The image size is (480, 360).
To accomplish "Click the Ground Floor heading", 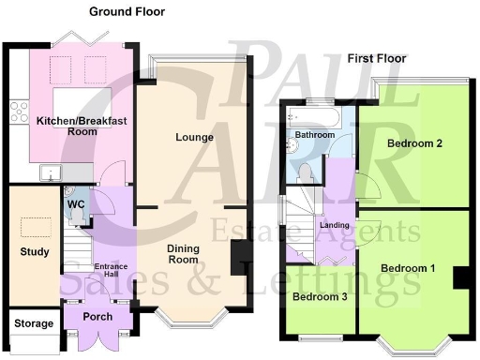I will pos(127,12).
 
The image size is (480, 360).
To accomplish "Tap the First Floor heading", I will pos(377,58).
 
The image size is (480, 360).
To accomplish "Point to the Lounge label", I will pos(194,138).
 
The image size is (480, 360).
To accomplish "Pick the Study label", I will pos(35,252).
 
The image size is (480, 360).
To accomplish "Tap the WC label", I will pos(77,203).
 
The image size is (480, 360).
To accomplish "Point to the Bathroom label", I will pos(315,135).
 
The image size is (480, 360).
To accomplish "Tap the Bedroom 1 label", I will pos(408,268).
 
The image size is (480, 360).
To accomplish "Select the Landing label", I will pos(334,225).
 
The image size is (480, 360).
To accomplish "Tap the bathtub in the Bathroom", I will pos(315,115).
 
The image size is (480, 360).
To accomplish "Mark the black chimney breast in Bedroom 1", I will pos(460,278).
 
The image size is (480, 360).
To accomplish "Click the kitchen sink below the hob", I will pos(50,172).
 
